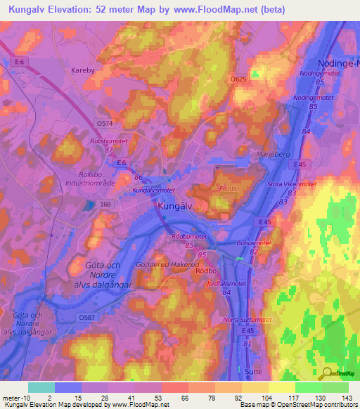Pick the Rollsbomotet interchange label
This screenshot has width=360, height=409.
(108, 141)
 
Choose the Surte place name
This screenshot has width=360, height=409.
(252, 370)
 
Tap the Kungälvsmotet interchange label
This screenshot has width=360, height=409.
(153, 190)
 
